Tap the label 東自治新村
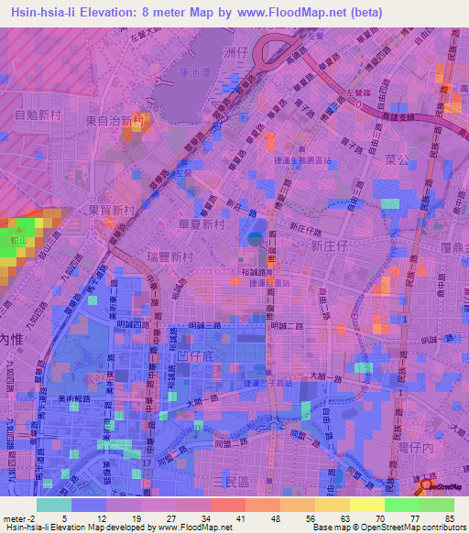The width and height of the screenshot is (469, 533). [x=115, y=120]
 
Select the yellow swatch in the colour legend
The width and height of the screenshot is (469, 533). [x=366, y=505]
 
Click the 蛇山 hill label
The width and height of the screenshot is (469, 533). [x=16, y=240]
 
